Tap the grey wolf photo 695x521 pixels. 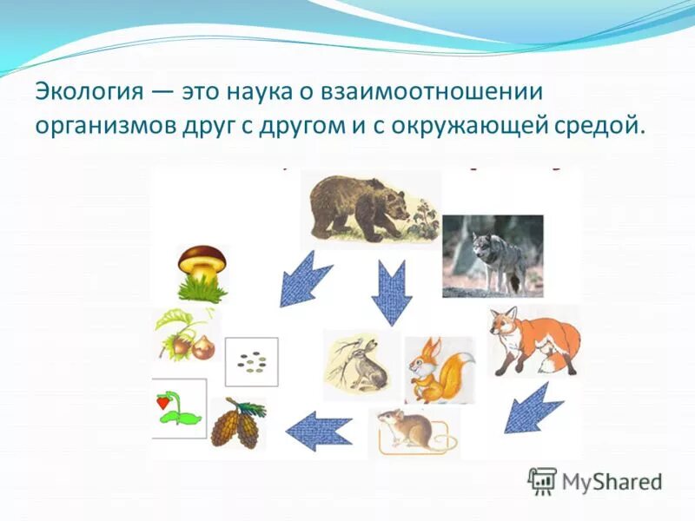point(493,256)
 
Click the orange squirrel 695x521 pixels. point(440,371)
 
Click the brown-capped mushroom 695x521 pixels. point(202,274)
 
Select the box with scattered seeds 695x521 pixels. point(251,362)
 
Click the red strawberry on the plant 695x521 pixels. point(162,402)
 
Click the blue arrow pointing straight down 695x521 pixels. point(392,293)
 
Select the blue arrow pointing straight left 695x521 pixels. point(319,431)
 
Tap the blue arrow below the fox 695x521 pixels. point(533,408)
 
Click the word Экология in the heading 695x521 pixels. point(89,93)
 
